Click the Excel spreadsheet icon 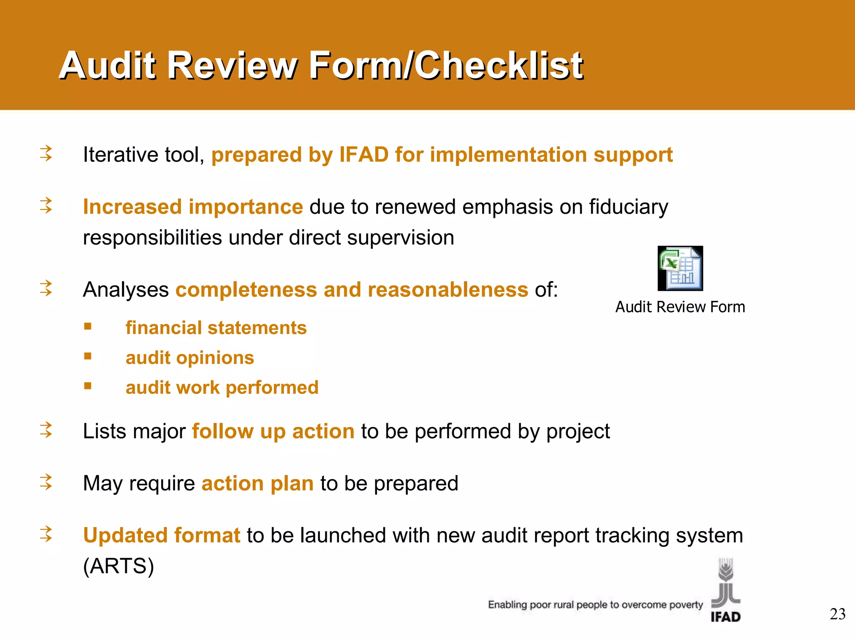tap(680, 268)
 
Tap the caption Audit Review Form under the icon tap(680, 307)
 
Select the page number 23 tap(837, 614)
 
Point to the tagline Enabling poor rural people tap(595, 605)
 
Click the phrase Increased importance tap(193, 207)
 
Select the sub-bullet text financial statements tap(216, 328)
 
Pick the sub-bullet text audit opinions tap(190, 358)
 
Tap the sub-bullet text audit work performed tap(222, 388)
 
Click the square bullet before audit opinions tap(88, 356)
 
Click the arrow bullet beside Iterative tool tap(46, 153)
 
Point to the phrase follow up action tap(273, 432)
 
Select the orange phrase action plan tap(257, 484)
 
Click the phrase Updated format tap(162, 535)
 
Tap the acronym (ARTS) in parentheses tap(119, 566)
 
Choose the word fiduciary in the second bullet tap(628, 207)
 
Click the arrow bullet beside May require tap(46, 482)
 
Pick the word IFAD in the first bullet tap(364, 155)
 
